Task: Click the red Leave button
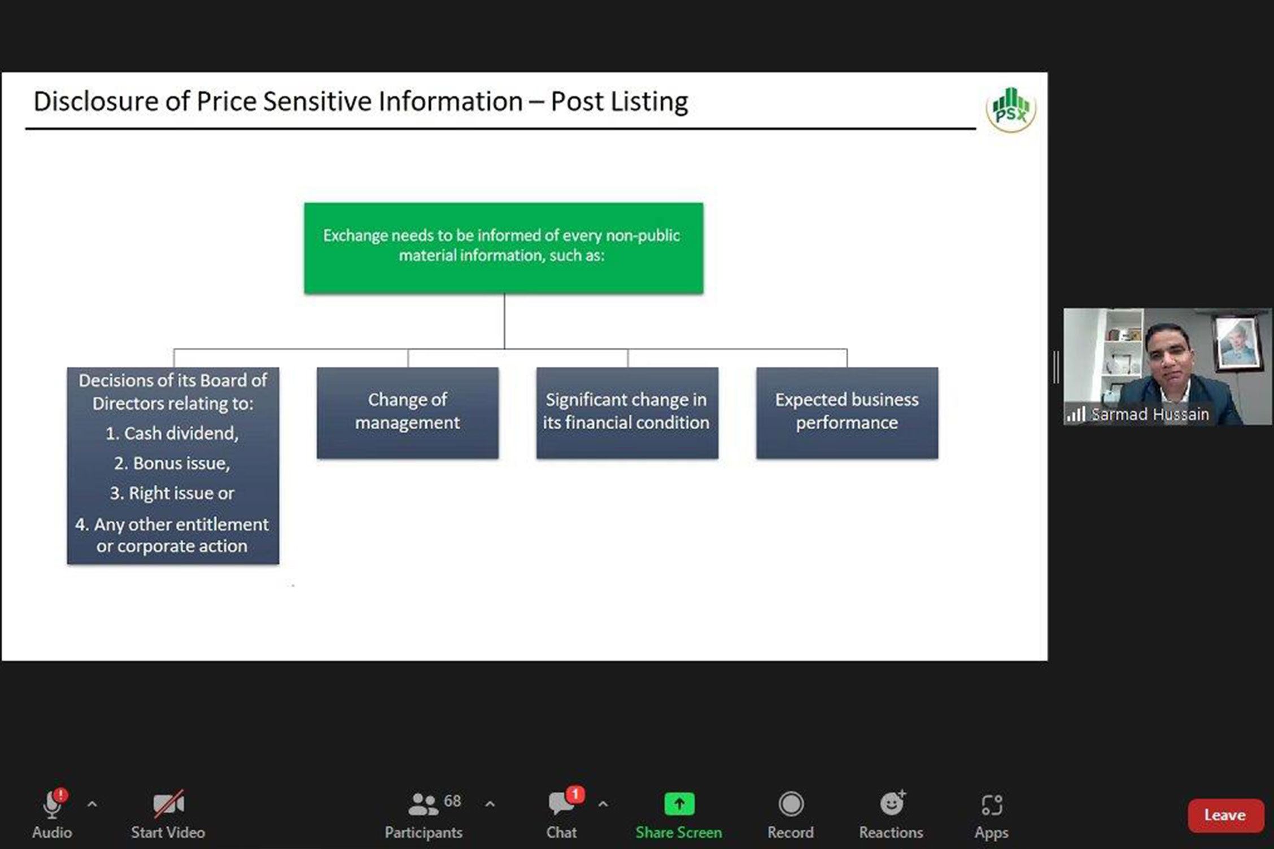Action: coord(1225,815)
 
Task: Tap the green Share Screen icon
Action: coord(679,804)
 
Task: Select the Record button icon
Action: coord(791,804)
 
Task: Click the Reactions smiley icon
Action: coord(892,803)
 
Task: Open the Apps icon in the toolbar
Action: coord(992,804)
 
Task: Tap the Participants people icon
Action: coord(423,804)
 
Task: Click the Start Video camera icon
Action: coord(168,804)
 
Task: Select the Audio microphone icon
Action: coord(53,804)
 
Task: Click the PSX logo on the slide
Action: coord(1011,109)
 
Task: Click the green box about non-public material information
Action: coord(504,248)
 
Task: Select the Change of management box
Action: coord(408,413)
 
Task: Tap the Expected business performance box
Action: coord(847,413)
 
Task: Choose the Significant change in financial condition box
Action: coord(627,413)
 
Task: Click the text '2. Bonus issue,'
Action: coord(172,463)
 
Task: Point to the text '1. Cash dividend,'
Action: coord(172,434)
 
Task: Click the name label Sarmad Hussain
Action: coord(1150,414)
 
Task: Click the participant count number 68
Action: coord(452,801)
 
